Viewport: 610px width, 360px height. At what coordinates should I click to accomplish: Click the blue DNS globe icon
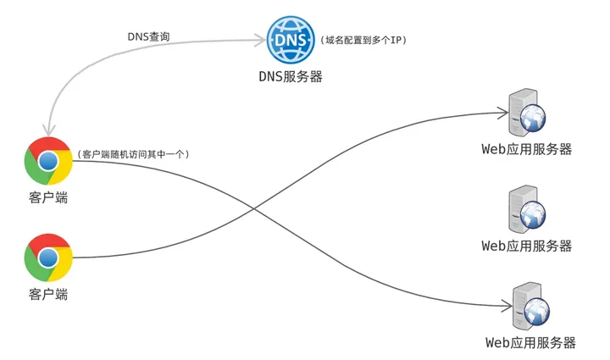[291, 40]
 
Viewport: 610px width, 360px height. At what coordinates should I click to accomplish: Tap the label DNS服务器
[291, 76]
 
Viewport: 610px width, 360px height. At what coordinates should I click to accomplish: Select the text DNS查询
[148, 36]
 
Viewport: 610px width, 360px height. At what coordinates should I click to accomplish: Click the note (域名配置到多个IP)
[363, 40]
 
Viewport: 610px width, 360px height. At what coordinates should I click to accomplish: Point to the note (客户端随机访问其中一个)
[134, 154]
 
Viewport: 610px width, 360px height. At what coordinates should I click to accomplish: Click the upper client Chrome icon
[48, 161]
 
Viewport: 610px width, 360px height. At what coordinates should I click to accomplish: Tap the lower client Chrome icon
[48, 258]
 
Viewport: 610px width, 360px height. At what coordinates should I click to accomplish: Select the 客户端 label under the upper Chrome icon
[48, 197]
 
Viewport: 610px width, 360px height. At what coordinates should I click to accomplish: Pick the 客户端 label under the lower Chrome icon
[48, 294]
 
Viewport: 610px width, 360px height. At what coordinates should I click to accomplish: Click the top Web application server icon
[527, 113]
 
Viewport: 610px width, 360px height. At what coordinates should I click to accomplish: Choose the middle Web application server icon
[527, 209]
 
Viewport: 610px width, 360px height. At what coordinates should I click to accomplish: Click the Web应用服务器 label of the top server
[527, 149]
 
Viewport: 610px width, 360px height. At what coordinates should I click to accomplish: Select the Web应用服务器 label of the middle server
[527, 246]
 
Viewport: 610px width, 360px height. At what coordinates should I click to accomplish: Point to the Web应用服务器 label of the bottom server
[530, 342]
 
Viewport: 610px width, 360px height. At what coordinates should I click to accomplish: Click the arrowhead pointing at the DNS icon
[261, 40]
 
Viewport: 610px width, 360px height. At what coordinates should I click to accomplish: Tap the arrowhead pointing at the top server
[503, 113]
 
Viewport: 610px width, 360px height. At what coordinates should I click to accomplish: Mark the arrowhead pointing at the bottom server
[507, 306]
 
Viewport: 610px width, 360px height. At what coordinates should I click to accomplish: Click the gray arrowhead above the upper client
[49, 131]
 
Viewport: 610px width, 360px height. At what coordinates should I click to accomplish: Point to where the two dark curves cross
[254, 208]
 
